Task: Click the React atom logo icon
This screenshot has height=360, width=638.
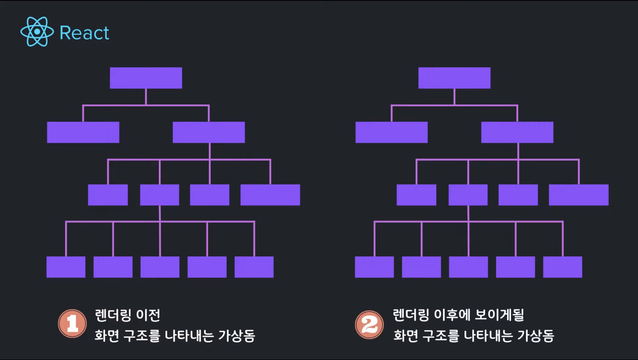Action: click(x=37, y=32)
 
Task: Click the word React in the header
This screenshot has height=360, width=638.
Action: click(x=84, y=33)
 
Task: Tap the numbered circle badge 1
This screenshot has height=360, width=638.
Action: click(x=73, y=324)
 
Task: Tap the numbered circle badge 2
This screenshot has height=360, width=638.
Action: click(x=369, y=324)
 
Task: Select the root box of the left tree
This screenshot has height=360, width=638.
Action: click(x=146, y=78)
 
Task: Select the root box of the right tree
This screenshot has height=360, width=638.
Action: click(x=454, y=78)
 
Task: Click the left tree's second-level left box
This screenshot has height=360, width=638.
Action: click(x=83, y=132)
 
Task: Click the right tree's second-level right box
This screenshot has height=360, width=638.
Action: click(x=517, y=132)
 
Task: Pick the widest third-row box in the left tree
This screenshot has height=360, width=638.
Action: click(x=270, y=195)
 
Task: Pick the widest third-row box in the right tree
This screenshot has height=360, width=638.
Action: click(x=579, y=195)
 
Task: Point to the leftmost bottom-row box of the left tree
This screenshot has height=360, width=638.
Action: click(x=66, y=267)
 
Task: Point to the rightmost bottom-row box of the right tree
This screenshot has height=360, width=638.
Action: click(x=563, y=267)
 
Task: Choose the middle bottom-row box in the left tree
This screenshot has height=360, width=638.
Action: click(x=160, y=267)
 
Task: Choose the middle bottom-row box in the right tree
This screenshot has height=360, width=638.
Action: click(x=469, y=267)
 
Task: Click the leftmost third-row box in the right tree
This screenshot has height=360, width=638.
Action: click(x=416, y=195)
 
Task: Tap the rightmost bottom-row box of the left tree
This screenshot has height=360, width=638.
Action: click(x=254, y=267)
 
